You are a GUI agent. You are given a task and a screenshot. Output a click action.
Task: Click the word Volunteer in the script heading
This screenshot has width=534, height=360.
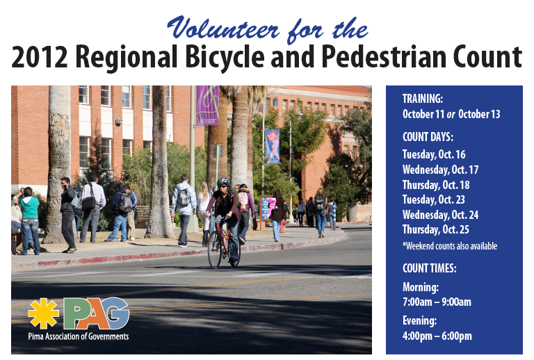(223, 28)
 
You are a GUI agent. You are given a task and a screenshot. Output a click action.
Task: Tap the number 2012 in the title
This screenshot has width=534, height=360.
(40, 57)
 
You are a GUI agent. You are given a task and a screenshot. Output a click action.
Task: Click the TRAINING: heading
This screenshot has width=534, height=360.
(423, 99)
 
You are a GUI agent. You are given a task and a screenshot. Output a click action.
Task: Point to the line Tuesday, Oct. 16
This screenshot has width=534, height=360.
(434, 154)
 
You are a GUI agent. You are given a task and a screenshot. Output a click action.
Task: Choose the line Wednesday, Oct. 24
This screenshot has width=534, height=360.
(440, 215)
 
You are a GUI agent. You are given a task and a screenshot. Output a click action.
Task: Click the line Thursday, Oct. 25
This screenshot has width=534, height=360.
(435, 229)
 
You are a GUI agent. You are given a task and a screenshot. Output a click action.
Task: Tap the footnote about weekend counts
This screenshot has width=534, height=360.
(450, 246)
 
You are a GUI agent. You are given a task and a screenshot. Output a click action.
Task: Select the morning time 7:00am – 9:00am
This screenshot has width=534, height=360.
(437, 302)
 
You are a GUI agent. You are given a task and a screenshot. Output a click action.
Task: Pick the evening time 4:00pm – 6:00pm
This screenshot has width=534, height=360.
(437, 336)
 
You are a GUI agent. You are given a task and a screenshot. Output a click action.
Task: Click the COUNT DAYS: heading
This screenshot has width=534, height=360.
(428, 137)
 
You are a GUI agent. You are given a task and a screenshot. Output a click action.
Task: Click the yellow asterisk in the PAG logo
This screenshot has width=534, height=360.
(43, 313)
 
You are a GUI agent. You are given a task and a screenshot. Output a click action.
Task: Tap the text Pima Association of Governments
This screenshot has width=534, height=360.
(79, 336)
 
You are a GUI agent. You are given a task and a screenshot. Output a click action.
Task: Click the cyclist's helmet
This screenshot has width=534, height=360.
(223, 181)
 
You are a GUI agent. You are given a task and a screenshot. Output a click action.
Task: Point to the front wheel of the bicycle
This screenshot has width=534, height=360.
(215, 250)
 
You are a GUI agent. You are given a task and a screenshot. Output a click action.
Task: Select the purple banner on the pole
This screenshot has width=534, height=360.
(207, 106)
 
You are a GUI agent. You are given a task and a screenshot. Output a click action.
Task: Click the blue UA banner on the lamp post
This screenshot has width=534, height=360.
(272, 147)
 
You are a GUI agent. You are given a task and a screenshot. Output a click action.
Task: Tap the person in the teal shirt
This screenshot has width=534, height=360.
(30, 220)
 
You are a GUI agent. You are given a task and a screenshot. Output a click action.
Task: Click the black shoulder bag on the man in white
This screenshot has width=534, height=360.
(88, 203)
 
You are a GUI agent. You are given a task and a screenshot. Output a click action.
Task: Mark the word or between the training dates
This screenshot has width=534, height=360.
(451, 115)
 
